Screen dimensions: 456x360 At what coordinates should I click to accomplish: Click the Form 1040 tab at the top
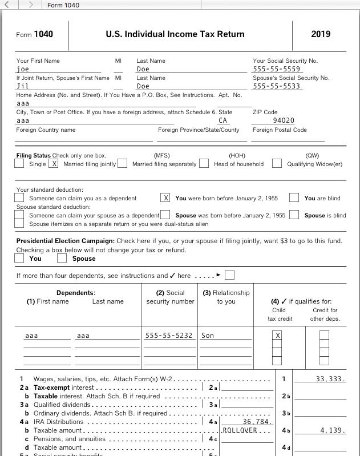[x=63, y=5]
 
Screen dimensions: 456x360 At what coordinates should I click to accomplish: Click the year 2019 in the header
[x=321, y=34]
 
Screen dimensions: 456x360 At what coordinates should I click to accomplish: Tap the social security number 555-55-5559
[x=276, y=69]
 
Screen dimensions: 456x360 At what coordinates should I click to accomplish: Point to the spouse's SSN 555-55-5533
[x=276, y=86]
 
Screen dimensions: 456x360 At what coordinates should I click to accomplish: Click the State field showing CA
[x=223, y=121]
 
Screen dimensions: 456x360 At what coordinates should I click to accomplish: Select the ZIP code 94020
[x=284, y=121]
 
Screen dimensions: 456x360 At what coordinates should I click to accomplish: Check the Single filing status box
[x=20, y=164]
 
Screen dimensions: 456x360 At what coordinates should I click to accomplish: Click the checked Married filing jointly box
[x=54, y=164]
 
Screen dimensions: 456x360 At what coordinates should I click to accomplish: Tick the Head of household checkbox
[x=204, y=164]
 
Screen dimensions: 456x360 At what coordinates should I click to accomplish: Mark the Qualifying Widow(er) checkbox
[x=277, y=164]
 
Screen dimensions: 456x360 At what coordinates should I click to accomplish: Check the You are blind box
[x=294, y=198]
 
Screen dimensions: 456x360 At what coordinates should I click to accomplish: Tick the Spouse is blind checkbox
[x=294, y=215]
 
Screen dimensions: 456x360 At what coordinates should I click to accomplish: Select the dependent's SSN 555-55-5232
[x=169, y=336]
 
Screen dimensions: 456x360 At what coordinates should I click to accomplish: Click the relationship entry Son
[x=208, y=336]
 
